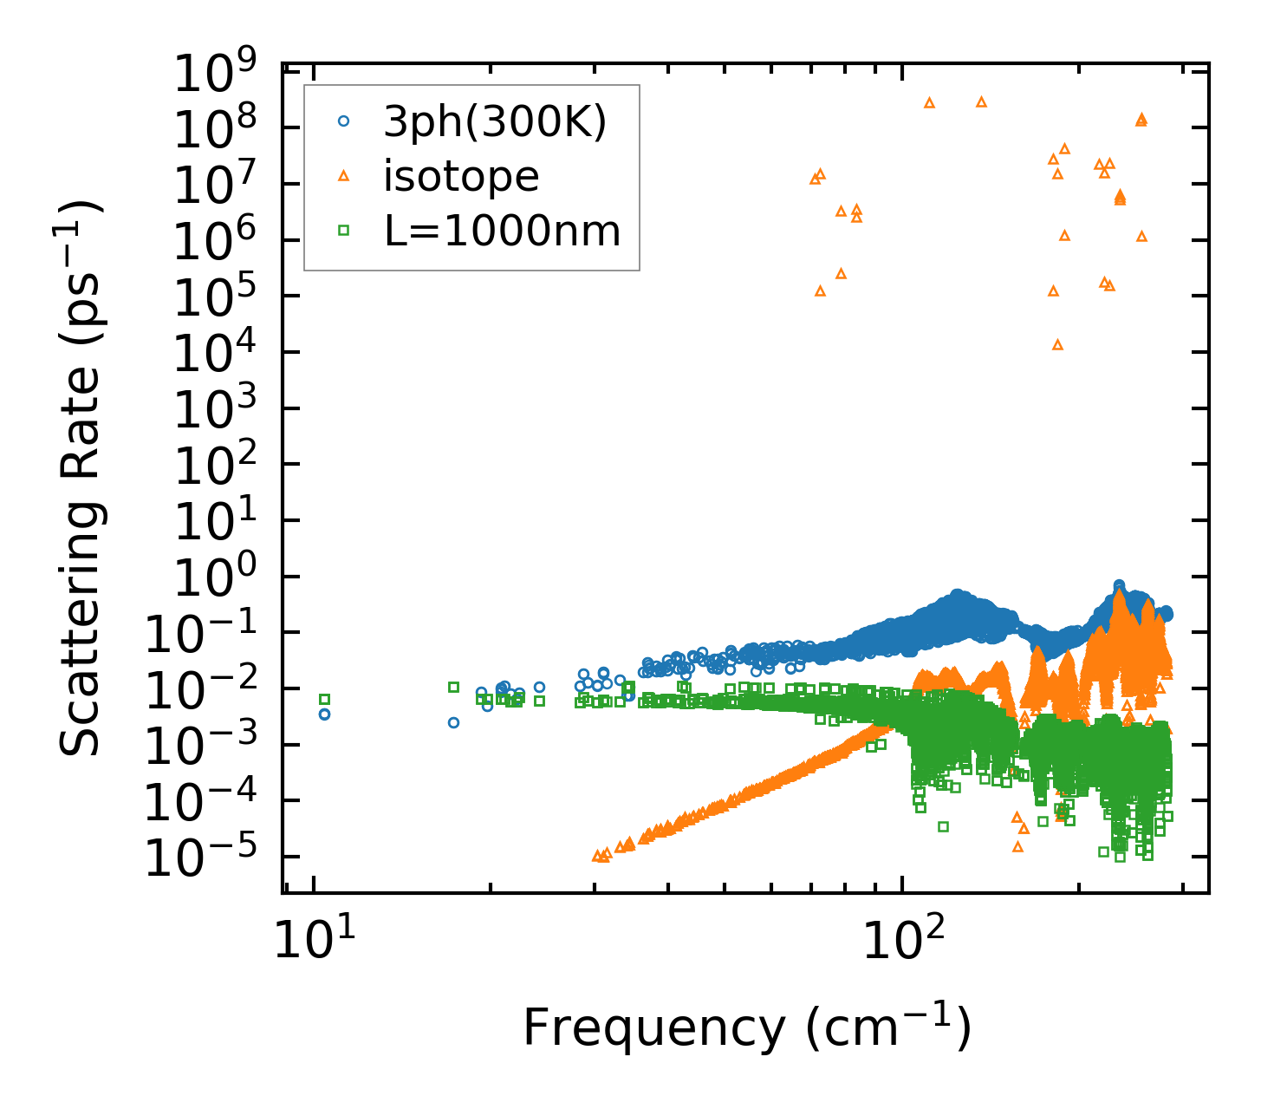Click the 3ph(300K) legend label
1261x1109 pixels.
[495, 123]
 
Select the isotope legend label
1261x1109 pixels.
[461, 177]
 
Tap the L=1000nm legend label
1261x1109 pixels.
[502, 232]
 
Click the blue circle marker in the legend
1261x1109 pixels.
[343, 123]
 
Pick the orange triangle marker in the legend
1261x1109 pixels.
[343, 177]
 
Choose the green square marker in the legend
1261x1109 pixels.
[343, 231]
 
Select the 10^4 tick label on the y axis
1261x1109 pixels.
[218, 356]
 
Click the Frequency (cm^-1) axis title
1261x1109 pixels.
[746, 1029]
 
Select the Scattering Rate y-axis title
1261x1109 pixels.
[81, 478]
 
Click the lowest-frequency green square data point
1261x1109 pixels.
[325, 699]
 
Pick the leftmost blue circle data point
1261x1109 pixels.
[325, 714]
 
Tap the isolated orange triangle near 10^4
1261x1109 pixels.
[1057, 344]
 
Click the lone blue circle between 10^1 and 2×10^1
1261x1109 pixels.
[453, 722]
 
